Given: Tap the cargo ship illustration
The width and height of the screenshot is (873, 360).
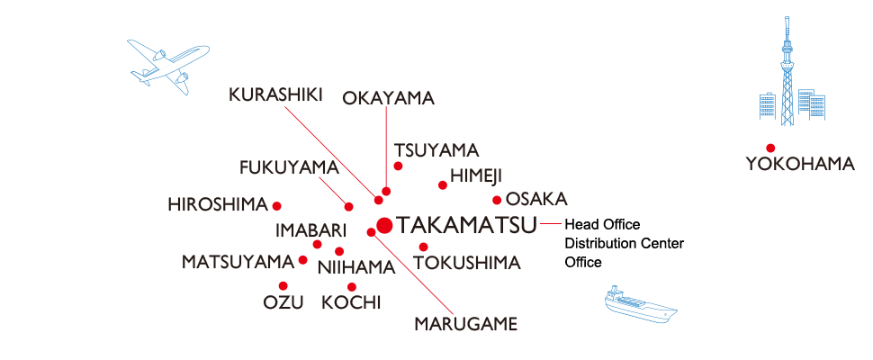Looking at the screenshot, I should coord(641,307).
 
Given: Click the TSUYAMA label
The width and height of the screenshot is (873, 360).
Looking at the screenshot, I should coord(436,150).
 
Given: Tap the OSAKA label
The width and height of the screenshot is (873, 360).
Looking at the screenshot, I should coord(535,199).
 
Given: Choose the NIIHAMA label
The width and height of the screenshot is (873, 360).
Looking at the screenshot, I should coord(357,266).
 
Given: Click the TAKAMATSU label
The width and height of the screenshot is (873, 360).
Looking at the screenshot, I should coord(458,224).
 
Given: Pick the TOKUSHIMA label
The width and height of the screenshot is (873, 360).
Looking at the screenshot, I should coord(466,263).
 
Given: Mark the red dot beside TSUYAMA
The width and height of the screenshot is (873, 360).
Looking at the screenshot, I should coord(398,166).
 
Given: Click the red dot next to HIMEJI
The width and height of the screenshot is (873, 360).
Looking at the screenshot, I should coord(442,185).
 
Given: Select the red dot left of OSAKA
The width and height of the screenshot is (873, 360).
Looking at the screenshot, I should coord(496,200).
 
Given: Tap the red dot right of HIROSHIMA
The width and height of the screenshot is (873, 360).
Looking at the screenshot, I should coord(277,204).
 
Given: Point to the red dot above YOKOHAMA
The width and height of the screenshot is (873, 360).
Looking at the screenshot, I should coord(769,148).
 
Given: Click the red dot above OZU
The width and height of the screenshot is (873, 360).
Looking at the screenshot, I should coord(283,285).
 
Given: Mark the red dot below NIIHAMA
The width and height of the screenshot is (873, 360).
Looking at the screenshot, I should coord(352,286).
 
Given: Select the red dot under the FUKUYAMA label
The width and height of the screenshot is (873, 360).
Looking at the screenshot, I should coord(348,206).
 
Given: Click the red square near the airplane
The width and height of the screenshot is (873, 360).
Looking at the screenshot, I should coord(292,114).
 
